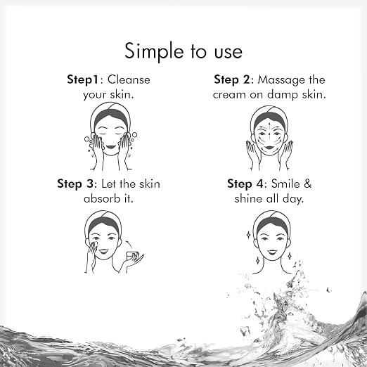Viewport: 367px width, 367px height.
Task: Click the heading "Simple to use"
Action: pyautogui.click(x=183, y=51)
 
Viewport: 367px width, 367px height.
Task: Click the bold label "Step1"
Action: pyautogui.click(x=82, y=79)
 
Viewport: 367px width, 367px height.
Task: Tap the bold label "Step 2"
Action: pyautogui.click(x=232, y=79)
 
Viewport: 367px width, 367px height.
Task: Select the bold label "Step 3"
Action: pyautogui.click(x=75, y=183)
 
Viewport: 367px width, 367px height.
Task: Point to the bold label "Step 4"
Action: pyautogui.click(x=245, y=183)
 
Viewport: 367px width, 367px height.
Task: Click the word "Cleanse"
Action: pyautogui.click(x=129, y=80)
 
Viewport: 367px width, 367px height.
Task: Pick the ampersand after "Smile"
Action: pyautogui.click(x=307, y=183)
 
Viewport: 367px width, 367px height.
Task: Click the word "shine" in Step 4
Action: pyautogui.click(x=248, y=198)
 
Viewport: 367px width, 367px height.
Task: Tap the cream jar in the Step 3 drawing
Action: pyautogui.click(x=132, y=255)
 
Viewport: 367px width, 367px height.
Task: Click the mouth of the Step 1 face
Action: pyautogui.click(x=110, y=147)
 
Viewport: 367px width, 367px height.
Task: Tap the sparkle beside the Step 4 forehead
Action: pyautogui.click(x=248, y=235)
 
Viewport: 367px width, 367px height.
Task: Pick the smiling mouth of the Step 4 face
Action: pyautogui.click(x=271, y=252)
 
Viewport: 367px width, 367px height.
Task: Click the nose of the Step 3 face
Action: pyautogui.click(x=104, y=245)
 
